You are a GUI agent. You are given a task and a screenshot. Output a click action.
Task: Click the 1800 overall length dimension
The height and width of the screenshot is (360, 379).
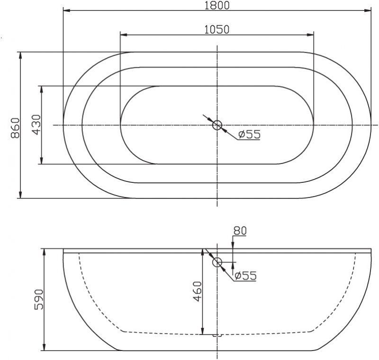tap(217, 5)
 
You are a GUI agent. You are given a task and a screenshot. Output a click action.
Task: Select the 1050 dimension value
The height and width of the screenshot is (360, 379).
tap(217, 29)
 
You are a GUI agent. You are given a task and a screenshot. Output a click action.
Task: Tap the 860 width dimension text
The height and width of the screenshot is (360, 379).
tap(14, 127)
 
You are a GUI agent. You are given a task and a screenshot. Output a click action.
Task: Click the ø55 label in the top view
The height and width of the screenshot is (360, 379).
tap(249, 135)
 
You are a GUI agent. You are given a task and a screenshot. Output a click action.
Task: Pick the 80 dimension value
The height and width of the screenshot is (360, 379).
tap(240, 231)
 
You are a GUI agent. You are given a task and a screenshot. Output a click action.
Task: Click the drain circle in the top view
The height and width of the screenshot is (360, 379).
tap(217, 125)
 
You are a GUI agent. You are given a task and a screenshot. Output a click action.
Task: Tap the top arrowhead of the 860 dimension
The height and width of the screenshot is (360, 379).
tap(20, 55)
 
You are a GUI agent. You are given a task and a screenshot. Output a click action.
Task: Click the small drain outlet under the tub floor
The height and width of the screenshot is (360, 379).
tap(217, 335)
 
